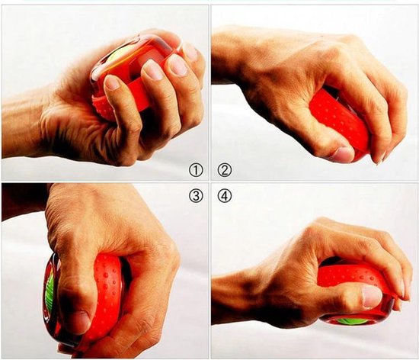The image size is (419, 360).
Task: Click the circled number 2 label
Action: [x=225, y=169]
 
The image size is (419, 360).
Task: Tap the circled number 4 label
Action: [x=225, y=195]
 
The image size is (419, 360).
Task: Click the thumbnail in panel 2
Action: [x=343, y=154]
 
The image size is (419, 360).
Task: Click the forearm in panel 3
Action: [x=19, y=202]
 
